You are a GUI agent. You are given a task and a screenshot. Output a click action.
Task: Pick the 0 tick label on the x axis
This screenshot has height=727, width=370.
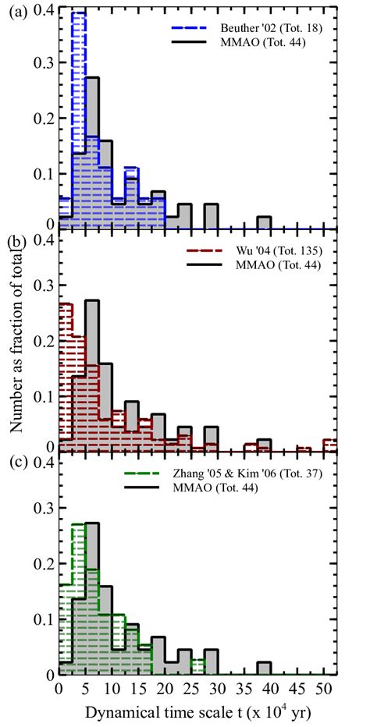coord(59,690)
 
